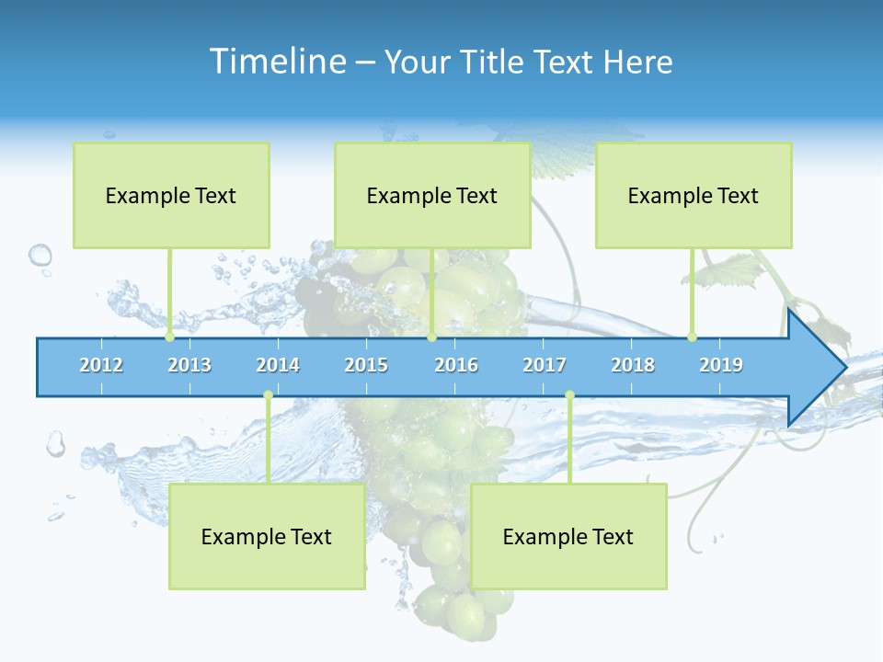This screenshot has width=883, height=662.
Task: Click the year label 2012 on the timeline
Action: point(101,365)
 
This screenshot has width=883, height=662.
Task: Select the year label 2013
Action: point(189,365)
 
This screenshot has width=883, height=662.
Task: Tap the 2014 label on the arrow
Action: point(278,365)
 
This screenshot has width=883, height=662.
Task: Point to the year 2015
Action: point(366,365)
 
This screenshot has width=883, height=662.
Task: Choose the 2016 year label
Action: point(456,365)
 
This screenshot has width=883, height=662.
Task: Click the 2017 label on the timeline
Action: point(545,365)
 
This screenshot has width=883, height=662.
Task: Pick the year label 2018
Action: point(633,365)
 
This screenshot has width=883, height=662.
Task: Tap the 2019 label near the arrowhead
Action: point(721,365)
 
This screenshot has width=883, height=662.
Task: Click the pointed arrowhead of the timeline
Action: point(819,368)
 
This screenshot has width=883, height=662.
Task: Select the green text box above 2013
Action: point(171,195)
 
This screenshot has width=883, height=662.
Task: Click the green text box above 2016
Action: point(432,195)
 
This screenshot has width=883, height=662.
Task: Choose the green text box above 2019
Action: point(694,195)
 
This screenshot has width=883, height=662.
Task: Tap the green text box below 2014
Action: point(267,536)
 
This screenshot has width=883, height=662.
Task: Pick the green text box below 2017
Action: point(568,536)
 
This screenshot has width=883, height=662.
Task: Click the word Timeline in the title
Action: point(276,62)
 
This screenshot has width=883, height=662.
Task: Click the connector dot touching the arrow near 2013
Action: point(169,337)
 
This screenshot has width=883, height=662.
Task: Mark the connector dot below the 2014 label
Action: point(268,395)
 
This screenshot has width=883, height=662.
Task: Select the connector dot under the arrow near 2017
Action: point(569,395)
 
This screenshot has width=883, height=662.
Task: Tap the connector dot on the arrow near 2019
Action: point(692,337)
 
